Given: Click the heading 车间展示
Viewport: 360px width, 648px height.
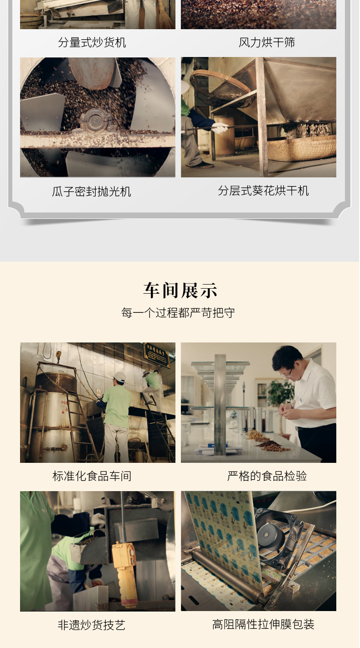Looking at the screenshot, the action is tap(180, 290).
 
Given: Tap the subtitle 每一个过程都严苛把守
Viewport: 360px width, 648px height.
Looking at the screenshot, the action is tap(178, 313).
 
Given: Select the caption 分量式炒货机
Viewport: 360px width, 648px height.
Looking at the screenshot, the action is tap(92, 42).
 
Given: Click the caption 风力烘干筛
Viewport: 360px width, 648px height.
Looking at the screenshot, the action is tap(267, 42).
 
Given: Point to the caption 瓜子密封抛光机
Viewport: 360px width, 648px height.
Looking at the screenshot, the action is tap(92, 192).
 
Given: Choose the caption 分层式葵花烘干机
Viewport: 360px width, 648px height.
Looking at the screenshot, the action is tap(263, 191).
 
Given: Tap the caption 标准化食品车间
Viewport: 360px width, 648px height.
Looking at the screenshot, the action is tap(92, 476).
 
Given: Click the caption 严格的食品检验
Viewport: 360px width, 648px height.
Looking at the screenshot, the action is tap(267, 476).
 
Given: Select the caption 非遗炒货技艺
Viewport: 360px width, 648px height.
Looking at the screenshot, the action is tap(92, 625).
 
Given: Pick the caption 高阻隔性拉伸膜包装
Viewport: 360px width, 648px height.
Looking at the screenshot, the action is tap(263, 624).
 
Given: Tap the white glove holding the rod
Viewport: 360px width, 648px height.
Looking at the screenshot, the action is tap(220, 128).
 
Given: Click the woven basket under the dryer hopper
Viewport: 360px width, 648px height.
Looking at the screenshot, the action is tap(301, 148).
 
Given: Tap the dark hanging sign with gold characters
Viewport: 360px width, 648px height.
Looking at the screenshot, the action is tap(156, 355).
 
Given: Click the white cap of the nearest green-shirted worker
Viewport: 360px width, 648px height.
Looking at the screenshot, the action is tap(119, 377).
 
